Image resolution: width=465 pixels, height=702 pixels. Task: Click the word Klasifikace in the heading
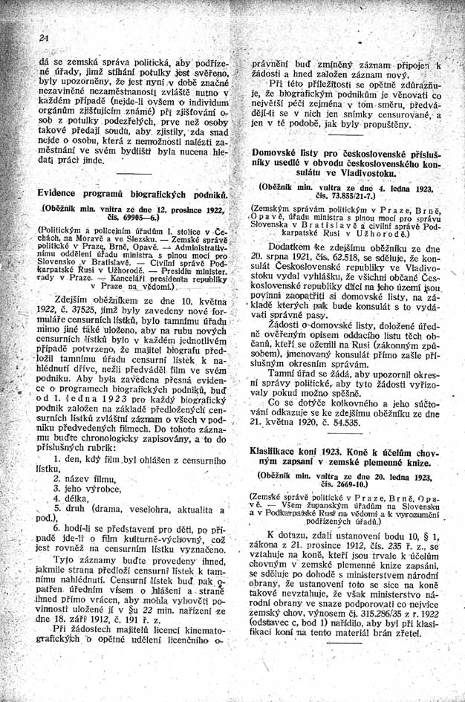click(x=279, y=450)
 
